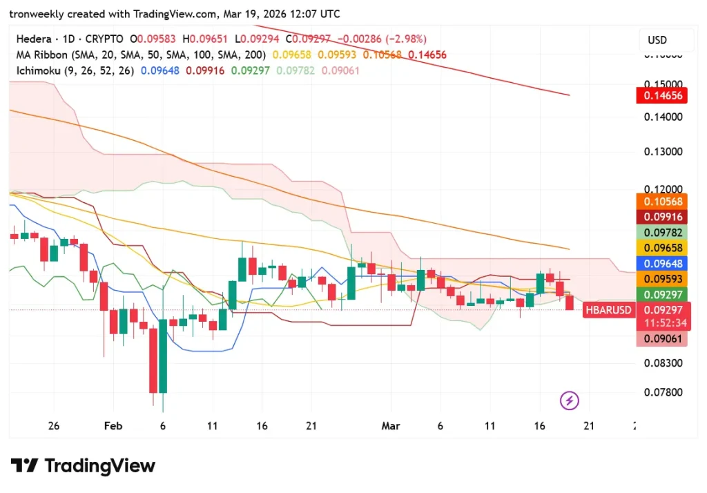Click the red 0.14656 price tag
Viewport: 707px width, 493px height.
tap(663, 96)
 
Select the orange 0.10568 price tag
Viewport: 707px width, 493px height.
tap(663, 201)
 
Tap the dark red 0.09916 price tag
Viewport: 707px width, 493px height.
tap(663, 216)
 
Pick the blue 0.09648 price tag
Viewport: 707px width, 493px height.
tap(663, 263)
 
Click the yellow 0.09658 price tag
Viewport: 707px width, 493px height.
tap(663, 248)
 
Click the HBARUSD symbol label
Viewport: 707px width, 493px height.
tap(608, 310)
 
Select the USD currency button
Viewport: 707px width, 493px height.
tap(657, 40)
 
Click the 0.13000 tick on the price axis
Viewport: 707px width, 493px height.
tap(663, 152)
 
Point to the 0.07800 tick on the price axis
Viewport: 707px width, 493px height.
tap(663, 392)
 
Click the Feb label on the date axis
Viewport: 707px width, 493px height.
tap(113, 426)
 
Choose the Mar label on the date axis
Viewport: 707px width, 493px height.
tap(391, 426)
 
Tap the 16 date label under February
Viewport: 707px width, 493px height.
tap(261, 426)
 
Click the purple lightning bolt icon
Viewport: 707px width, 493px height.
tap(570, 400)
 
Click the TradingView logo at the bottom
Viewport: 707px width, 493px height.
tap(83, 466)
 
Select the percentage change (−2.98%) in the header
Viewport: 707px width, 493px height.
tap(402, 39)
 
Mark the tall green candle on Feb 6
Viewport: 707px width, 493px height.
tap(164, 356)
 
